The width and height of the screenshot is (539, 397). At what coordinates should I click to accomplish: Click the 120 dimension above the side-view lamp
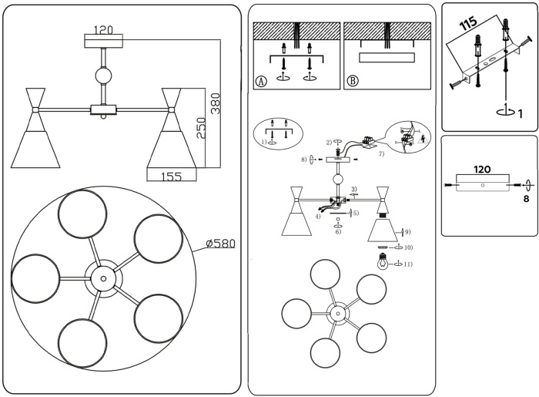click(104, 30)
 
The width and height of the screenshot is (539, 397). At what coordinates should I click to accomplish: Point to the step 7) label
click(381, 155)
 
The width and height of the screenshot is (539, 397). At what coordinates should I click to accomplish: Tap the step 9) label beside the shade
click(407, 231)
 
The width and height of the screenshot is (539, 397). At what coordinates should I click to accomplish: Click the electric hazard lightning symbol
click(420, 141)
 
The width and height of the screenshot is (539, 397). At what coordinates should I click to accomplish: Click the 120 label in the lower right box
click(482, 169)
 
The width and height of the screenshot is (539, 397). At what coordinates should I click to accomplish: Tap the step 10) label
click(409, 247)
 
